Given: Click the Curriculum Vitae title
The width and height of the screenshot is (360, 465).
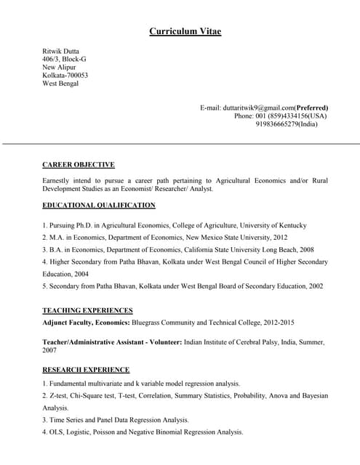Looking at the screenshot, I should pos(185,31).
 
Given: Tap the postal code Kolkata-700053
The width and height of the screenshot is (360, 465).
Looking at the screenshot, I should pos(65,76).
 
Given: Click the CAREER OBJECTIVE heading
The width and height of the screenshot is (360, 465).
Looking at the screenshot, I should pos(79,165).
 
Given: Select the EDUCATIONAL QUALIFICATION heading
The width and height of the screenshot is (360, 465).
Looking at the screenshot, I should pos(99,206).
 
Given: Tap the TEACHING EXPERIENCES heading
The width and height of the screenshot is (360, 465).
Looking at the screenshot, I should pos(87,310).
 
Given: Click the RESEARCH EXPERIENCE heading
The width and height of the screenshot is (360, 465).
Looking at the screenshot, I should pos(86,370).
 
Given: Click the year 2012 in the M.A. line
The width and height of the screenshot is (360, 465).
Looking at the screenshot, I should pos(280,238).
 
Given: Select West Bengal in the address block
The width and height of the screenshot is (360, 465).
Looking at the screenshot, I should pos(60,84).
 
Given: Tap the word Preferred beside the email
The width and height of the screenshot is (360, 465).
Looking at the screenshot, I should pos(311,108).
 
